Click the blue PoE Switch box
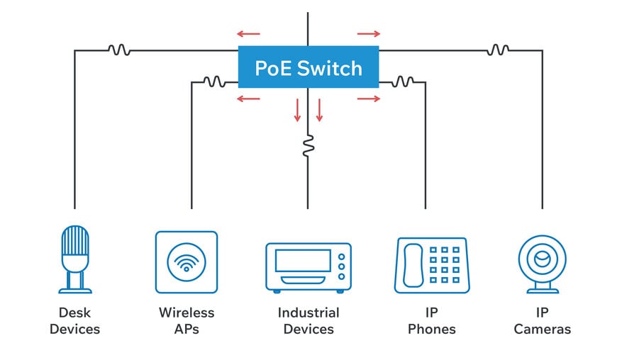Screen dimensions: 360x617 click(308, 67)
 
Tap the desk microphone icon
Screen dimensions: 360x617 click(74, 259)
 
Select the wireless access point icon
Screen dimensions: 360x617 click(186, 261)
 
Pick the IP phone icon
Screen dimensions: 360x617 click(431, 265)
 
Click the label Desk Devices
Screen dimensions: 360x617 click(74, 320)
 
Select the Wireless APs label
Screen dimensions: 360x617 click(186, 320)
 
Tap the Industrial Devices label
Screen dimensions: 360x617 click(308, 320)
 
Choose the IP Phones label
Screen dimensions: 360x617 click(431, 320)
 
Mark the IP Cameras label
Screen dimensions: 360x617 click(542, 320)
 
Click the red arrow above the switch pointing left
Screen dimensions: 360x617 click(248, 33)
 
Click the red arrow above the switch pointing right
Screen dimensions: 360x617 click(369, 33)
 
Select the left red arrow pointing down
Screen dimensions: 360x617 click(297, 110)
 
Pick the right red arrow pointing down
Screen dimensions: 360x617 click(319, 110)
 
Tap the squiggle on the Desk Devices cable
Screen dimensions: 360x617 click(118, 50)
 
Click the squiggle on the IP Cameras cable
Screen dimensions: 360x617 click(498, 50)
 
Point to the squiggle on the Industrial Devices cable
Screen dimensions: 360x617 click(308, 146)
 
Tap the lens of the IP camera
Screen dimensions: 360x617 click(542, 259)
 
